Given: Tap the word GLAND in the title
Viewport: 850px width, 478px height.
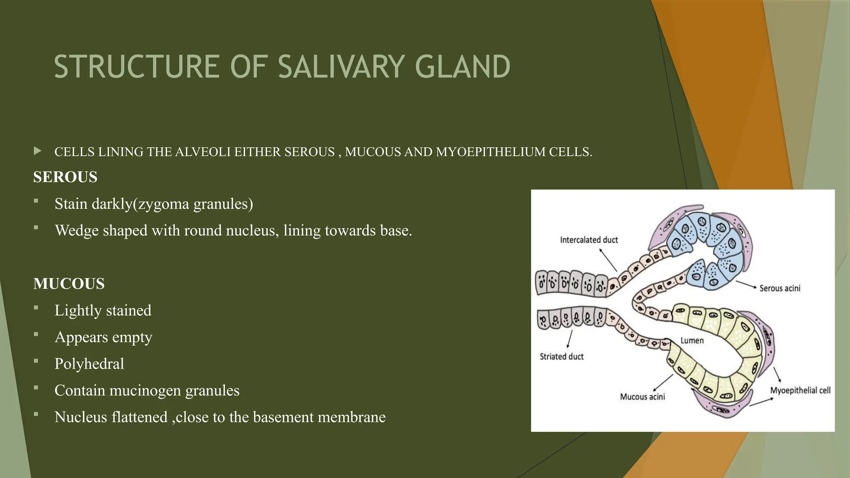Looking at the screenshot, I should coord(462,67).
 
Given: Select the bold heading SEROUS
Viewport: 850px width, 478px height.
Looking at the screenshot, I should coord(65,177).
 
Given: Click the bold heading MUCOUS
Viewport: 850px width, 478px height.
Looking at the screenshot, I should coord(69,284).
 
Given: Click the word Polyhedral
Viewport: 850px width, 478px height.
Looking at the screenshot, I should coord(89,364).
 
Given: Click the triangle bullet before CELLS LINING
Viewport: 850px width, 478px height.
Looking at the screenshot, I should coord(38,151).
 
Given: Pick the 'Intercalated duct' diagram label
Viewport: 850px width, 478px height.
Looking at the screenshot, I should coord(589,240).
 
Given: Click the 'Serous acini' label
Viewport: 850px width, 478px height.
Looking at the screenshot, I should coord(779,288).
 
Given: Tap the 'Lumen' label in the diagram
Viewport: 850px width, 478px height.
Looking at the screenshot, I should coord(692,341).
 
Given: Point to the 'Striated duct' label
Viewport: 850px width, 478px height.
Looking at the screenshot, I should coord(561,356).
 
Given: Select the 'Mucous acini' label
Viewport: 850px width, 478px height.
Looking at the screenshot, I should coord(642,397).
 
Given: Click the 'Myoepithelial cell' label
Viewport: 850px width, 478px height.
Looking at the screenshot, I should coord(800,390).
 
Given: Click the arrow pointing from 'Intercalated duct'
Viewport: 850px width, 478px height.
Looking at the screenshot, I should coord(608,260).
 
